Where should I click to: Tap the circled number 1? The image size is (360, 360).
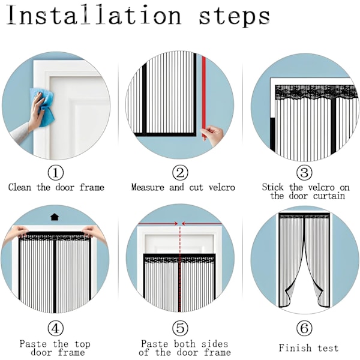click(x=56, y=173)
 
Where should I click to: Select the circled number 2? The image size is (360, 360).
click(x=180, y=173)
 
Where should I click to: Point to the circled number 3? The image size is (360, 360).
click(x=304, y=173)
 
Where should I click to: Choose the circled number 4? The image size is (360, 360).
click(x=56, y=328)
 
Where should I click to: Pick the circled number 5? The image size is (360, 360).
click(x=180, y=328)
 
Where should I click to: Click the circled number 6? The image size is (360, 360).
click(x=304, y=328)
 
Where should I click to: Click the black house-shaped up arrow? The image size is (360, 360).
click(x=55, y=217)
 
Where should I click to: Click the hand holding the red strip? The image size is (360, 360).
click(x=212, y=135)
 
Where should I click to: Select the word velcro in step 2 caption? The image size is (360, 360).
click(x=222, y=187)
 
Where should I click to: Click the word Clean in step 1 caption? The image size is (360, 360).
click(x=20, y=187)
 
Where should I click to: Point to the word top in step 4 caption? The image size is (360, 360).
click(x=82, y=344)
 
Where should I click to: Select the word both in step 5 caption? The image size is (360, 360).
click(x=185, y=344)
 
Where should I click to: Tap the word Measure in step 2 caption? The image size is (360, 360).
click(x=148, y=187)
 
